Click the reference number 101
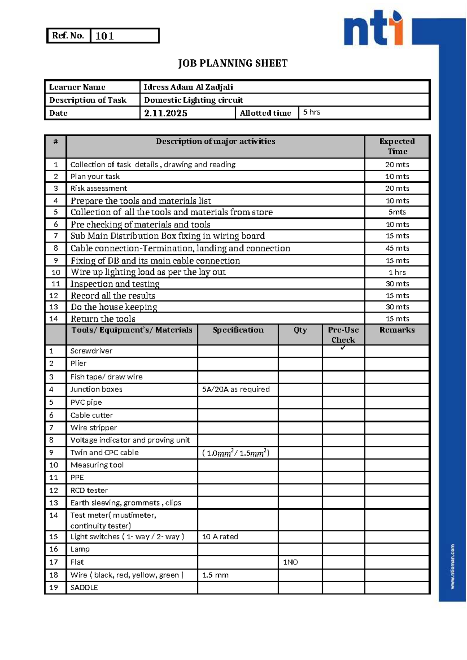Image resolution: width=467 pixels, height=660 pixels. (104, 36)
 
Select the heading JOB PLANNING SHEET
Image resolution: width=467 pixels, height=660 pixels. (233, 63)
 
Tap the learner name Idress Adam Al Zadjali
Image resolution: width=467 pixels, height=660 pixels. (188, 87)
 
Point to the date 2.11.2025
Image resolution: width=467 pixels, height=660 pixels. (166, 113)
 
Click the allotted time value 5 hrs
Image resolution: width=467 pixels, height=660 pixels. (311, 112)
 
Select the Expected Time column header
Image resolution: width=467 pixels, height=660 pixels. (397, 146)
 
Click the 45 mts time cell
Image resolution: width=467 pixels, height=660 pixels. (397, 248)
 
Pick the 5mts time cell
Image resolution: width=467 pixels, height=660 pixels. (397, 212)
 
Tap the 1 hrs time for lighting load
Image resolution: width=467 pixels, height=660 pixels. (397, 272)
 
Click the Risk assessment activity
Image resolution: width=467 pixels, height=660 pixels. (98, 188)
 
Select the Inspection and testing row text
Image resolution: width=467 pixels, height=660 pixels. (115, 284)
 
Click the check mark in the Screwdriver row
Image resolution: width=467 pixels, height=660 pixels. (343, 348)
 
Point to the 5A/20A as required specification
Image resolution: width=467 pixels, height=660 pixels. (236, 389)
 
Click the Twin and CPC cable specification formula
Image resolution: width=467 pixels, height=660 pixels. (236, 453)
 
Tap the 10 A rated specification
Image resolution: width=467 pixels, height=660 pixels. (220, 537)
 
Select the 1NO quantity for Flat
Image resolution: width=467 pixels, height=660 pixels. (290, 562)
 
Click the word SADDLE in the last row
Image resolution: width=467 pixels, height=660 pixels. (84, 588)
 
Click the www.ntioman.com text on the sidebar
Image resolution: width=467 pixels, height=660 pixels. (453, 566)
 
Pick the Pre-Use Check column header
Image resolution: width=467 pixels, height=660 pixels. (343, 335)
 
